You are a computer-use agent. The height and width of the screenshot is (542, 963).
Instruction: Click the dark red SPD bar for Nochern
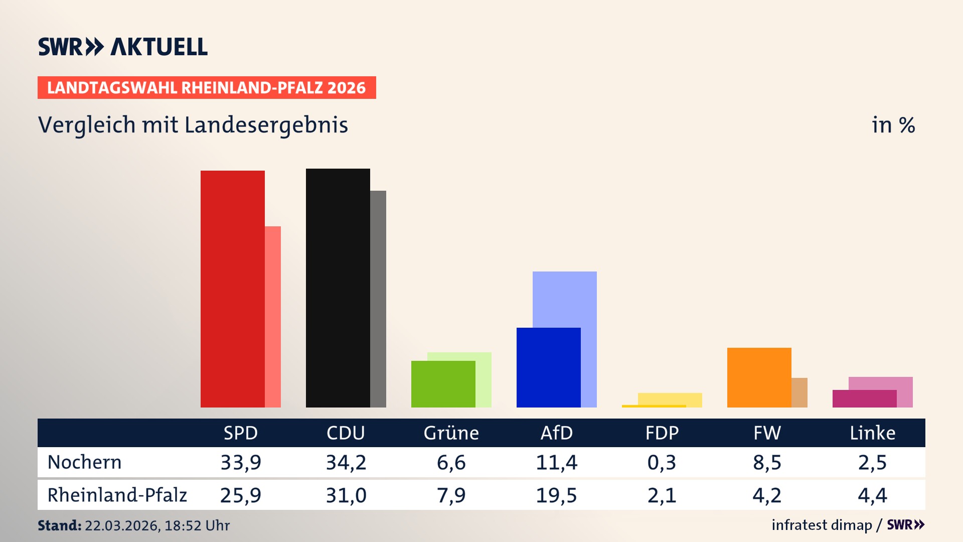233,289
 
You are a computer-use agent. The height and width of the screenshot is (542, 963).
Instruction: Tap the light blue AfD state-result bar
565,299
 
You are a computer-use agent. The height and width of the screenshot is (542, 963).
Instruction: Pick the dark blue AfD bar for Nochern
549,367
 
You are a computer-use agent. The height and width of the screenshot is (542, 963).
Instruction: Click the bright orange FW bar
759,377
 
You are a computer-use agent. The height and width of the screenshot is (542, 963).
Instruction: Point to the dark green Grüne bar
443,384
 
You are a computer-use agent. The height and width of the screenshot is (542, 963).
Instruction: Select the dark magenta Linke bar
865,398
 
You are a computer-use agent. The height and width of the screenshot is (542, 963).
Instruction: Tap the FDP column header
662,433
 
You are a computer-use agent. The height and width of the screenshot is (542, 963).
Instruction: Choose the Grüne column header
451,433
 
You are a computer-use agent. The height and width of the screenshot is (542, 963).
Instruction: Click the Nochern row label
84,462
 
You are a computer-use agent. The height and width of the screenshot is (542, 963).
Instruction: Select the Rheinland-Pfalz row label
117,495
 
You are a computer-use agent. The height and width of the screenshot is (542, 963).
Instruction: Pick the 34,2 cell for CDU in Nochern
346,462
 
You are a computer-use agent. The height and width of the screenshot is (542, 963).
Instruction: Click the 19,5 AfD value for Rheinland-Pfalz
557,495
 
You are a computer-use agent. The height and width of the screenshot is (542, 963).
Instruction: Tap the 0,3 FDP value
662,462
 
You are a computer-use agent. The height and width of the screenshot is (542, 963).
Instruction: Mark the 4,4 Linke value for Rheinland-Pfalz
873,495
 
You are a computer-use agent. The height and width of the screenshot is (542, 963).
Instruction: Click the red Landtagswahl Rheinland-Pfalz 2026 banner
207,88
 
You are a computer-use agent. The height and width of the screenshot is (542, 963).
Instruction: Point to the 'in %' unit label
893,125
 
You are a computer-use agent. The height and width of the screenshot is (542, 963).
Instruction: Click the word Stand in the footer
59,525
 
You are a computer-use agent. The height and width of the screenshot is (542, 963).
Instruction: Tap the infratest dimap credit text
822,525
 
